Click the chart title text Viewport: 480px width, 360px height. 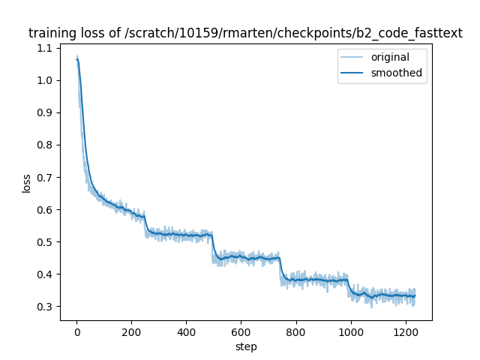point(245,33)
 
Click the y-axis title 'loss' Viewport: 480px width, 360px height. point(26,183)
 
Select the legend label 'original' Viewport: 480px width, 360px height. point(388,58)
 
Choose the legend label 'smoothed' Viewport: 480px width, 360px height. point(396,73)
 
